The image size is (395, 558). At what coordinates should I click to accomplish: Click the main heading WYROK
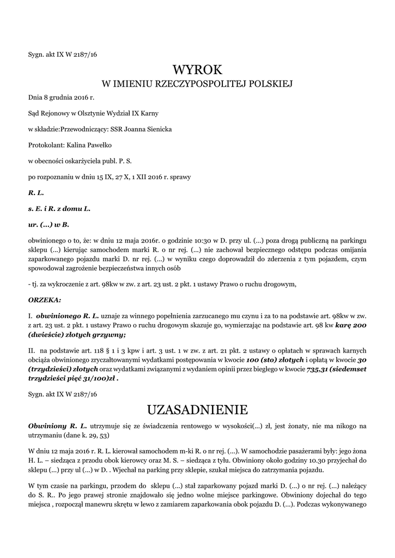[197, 69]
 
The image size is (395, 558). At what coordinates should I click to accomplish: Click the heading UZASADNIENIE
[197, 409]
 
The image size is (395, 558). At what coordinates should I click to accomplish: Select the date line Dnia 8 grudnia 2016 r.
[61, 98]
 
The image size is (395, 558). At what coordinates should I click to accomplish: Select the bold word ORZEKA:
[45, 299]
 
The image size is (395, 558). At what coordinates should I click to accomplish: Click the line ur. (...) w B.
[48, 225]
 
